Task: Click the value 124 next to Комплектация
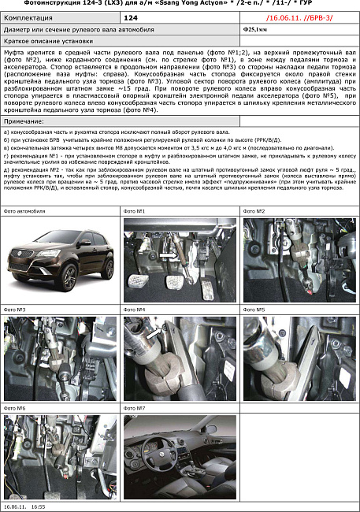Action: point(132,16)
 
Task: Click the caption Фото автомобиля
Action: point(24,212)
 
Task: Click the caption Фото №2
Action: point(255,212)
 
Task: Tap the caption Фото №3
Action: point(16,310)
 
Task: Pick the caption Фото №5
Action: point(255,310)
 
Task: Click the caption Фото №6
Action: point(16,408)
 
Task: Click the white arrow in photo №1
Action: point(169,257)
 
